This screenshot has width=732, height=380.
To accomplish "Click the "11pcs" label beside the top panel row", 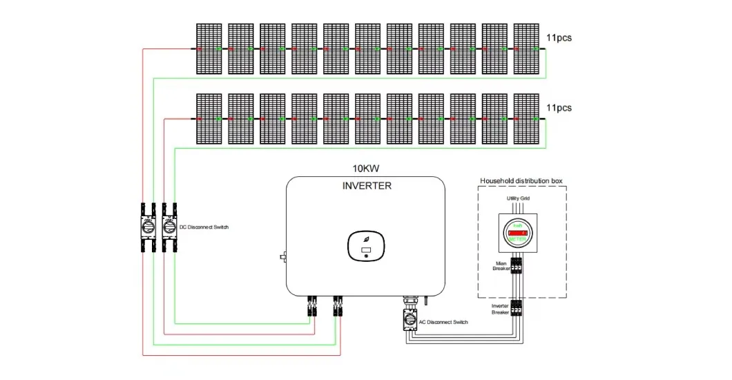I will pyautogui.click(x=559, y=38).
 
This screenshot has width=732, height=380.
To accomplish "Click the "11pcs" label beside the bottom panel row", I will pyautogui.click(x=559, y=108).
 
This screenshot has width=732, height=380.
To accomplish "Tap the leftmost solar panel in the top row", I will pyautogui.click(x=208, y=49).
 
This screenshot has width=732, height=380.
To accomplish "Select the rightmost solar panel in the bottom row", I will pyautogui.click(x=526, y=119).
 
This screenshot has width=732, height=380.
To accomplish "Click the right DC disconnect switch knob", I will pyautogui.click(x=167, y=227).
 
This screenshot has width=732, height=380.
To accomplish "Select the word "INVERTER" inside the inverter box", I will pyautogui.click(x=367, y=186).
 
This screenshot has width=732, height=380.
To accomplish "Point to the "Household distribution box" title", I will pyautogui.click(x=522, y=180).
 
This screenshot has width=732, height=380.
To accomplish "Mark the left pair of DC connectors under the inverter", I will pyautogui.click(x=311, y=305).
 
